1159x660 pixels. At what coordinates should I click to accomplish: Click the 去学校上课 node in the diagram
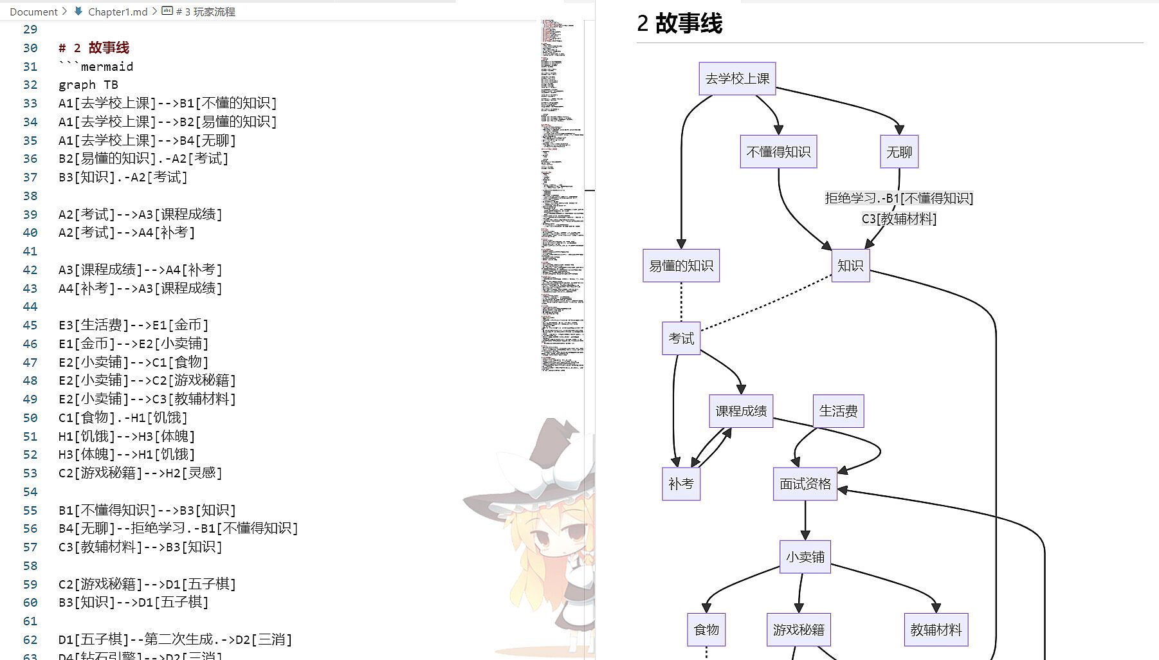(x=737, y=78)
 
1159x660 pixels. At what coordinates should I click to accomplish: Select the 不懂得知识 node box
(x=778, y=152)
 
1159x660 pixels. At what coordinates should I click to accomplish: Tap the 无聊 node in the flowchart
(x=899, y=152)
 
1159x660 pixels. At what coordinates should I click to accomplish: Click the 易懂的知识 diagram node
(x=680, y=266)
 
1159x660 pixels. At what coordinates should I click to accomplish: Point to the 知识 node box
(x=850, y=266)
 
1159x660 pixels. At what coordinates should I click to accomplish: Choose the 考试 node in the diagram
(x=680, y=338)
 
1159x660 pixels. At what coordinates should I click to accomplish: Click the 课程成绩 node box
(x=741, y=411)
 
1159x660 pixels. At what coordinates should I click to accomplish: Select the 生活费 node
(x=838, y=411)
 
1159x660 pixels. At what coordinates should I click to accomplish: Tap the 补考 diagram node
(x=680, y=484)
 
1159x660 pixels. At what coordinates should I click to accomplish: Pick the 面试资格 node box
(x=805, y=484)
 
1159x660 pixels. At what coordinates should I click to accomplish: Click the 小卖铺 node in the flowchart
(x=805, y=556)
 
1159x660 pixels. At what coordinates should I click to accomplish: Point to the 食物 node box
(x=706, y=629)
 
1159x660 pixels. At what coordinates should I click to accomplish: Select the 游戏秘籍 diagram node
(x=798, y=629)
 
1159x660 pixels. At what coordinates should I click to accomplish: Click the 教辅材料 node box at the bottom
(x=935, y=629)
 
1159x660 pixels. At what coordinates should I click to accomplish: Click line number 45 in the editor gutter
(x=30, y=325)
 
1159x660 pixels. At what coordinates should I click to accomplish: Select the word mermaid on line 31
(x=107, y=66)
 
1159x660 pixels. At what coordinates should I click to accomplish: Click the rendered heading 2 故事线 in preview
(x=679, y=24)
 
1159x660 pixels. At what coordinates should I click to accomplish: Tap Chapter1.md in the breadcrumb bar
(x=118, y=12)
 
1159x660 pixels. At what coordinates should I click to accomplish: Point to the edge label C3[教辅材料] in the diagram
(x=899, y=219)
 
